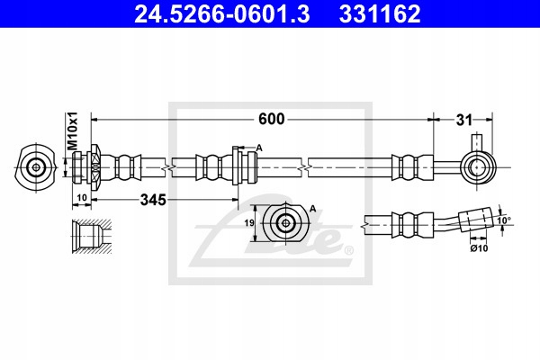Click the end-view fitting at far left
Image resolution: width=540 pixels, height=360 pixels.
[36, 166]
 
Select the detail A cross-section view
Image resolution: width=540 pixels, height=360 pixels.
[286, 224]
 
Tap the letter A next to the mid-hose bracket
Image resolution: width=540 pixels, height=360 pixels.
[258, 148]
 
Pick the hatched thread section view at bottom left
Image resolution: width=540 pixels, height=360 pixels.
[90, 236]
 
